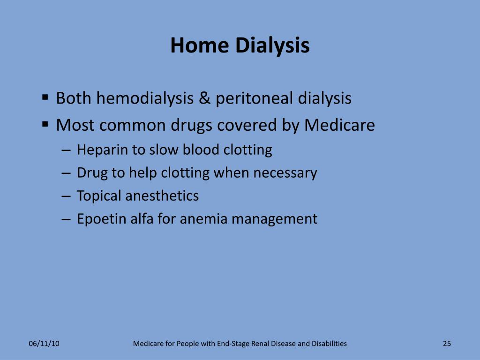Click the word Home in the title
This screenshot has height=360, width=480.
(199, 45)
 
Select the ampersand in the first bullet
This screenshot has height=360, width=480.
(205, 98)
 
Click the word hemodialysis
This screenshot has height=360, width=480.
(145, 98)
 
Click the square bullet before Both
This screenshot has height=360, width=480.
(45, 98)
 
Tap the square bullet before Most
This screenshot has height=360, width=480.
(45, 125)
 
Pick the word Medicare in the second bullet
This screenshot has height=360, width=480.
(339, 125)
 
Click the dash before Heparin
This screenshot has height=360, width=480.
(66, 150)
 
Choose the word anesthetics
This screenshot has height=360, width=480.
(162, 196)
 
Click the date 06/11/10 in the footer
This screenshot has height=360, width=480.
(44, 344)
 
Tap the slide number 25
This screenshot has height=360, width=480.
(447, 344)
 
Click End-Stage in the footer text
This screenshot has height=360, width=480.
(233, 344)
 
